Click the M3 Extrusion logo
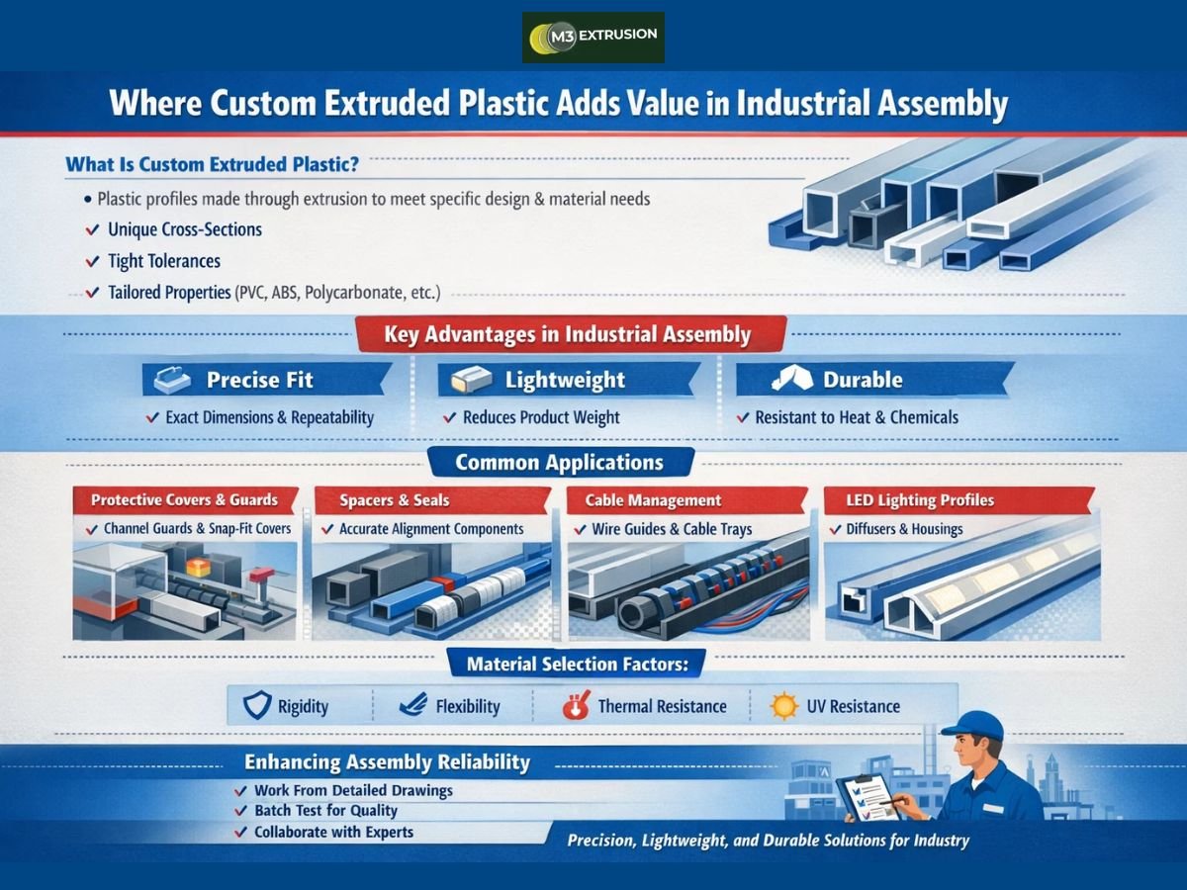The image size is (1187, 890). [593, 38]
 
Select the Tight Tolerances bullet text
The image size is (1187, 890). [164, 262]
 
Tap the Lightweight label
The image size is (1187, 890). [565, 380]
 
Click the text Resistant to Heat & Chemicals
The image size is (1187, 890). [857, 417]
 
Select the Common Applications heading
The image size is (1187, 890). [560, 463]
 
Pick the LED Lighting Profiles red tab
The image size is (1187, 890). [920, 500]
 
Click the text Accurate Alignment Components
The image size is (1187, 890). [431, 529]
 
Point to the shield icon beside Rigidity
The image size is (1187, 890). [256, 706]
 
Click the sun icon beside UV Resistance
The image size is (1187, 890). [784, 706]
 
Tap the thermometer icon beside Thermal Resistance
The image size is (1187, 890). [575, 706]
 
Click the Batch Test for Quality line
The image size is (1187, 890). [325, 811]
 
